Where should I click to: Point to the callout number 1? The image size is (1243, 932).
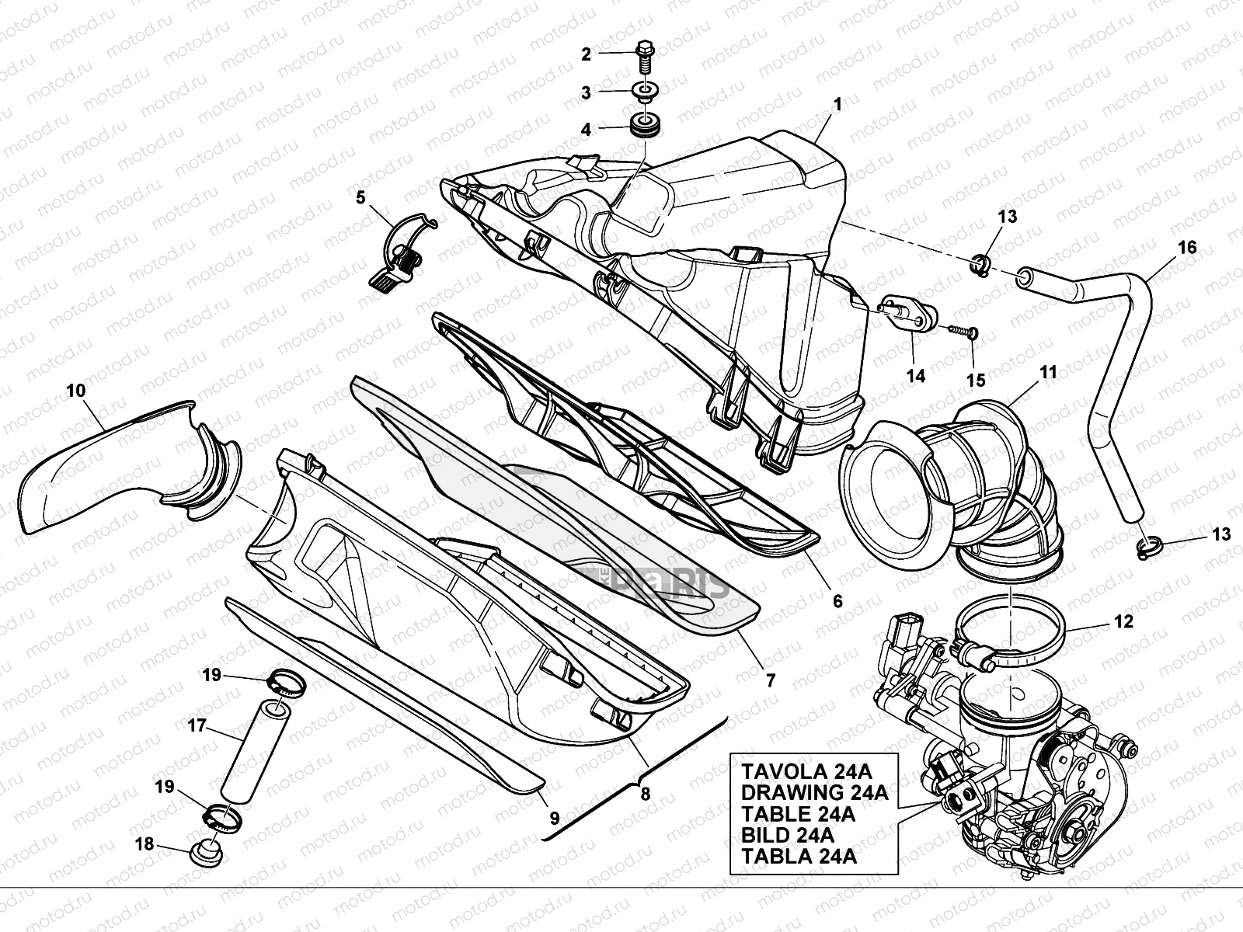click(x=837, y=103)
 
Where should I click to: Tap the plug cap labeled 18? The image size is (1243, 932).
click(x=206, y=852)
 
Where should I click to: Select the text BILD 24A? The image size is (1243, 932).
click(x=788, y=835)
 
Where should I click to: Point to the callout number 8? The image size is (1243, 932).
click(x=644, y=795)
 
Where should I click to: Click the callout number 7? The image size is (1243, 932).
click(x=770, y=680)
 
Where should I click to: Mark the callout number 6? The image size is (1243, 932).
click(x=837, y=600)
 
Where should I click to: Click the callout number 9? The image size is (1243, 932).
click(x=554, y=817)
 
